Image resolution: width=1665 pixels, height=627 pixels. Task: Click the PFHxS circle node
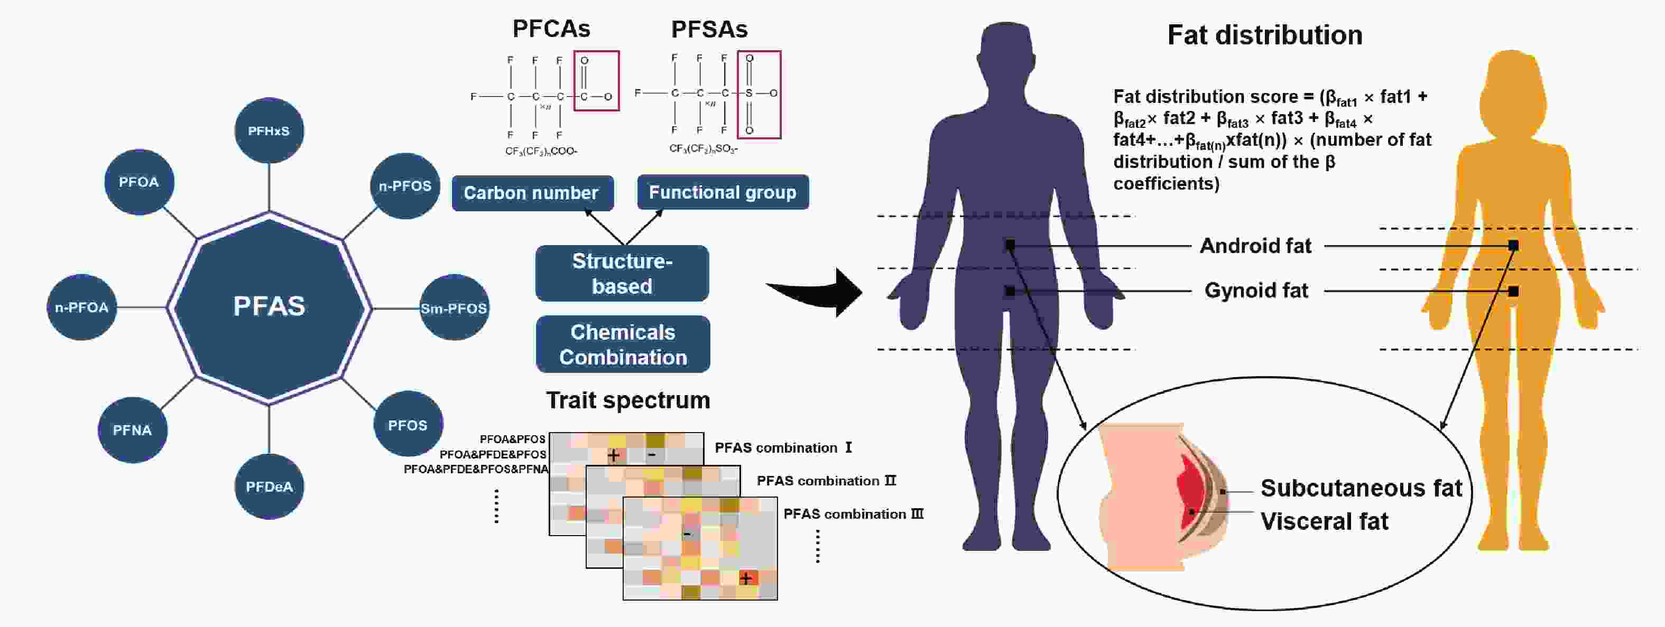[269, 130]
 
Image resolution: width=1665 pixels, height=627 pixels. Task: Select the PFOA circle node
[139, 182]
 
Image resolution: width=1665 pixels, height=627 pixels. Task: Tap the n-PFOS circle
[405, 186]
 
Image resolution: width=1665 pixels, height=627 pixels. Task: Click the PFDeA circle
[269, 486]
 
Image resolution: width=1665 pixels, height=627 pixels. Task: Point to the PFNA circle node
[133, 430]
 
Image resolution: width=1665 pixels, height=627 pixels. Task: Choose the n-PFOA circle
[82, 307]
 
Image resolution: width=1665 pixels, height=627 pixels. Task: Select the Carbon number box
[532, 193]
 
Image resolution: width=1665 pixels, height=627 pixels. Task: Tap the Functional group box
[723, 192]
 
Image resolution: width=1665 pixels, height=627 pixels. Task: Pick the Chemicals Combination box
[623, 344]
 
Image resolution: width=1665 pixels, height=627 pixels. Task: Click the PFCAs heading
[551, 29]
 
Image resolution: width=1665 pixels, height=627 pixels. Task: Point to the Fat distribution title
[1265, 35]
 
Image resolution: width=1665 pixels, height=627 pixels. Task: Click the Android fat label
[1255, 246]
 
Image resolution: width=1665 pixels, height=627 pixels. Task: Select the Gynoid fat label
[1256, 291]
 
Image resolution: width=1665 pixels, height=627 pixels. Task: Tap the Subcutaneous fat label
[1361, 488]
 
